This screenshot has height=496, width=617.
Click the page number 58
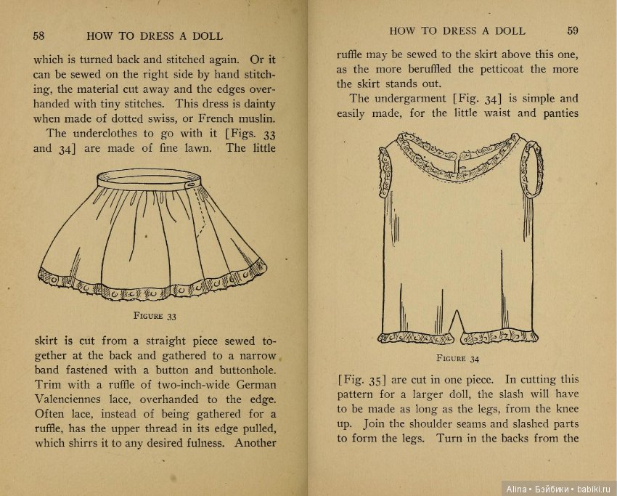pyautogui.click(x=39, y=36)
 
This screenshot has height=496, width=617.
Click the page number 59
pyautogui.click(x=573, y=31)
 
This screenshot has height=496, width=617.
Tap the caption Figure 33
pyautogui.click(x=155, y=316)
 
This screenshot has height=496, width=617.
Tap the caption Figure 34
pyautogui.click(x=457, y=357)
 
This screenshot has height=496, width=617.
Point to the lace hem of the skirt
pyautogui.click(x=152, y=286)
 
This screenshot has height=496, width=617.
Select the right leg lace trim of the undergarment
pyautogui.click(x=497, y=338)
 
